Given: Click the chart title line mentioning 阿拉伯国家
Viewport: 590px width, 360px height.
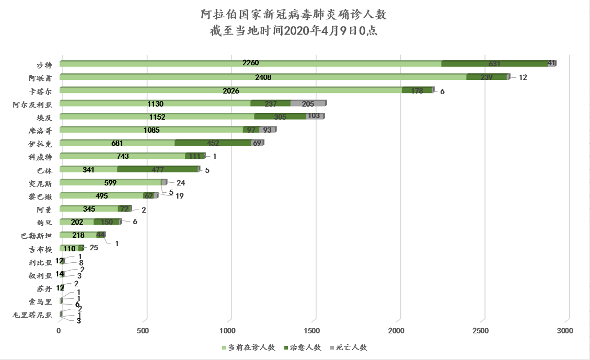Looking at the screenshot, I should click(294, 14).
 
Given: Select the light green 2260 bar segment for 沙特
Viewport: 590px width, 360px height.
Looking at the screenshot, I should click(251, 64).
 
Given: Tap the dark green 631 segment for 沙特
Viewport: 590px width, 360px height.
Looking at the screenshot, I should click(494, 64).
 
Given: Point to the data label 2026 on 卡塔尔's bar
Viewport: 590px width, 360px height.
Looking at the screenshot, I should click(230, 90).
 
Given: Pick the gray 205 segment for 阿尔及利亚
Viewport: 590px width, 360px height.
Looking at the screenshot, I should click(308, 103).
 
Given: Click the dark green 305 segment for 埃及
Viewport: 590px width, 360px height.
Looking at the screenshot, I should click(280, 117).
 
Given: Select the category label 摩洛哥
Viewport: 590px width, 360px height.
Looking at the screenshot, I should click(40, 130).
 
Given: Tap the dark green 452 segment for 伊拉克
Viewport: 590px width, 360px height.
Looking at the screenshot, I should click(213, 143).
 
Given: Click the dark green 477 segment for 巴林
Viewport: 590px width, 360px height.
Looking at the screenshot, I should click(158, 169).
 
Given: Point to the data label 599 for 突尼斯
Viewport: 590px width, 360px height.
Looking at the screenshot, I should click(110, 182).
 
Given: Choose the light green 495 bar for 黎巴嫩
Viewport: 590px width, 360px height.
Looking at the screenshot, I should click(102, 196).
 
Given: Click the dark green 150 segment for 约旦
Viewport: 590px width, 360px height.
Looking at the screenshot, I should click(107, 222).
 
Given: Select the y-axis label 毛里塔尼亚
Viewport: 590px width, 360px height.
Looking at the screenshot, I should click(33, 315).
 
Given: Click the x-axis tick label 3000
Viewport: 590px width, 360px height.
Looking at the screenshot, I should click(565, 331).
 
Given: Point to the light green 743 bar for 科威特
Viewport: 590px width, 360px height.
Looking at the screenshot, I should click(123, 156).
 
